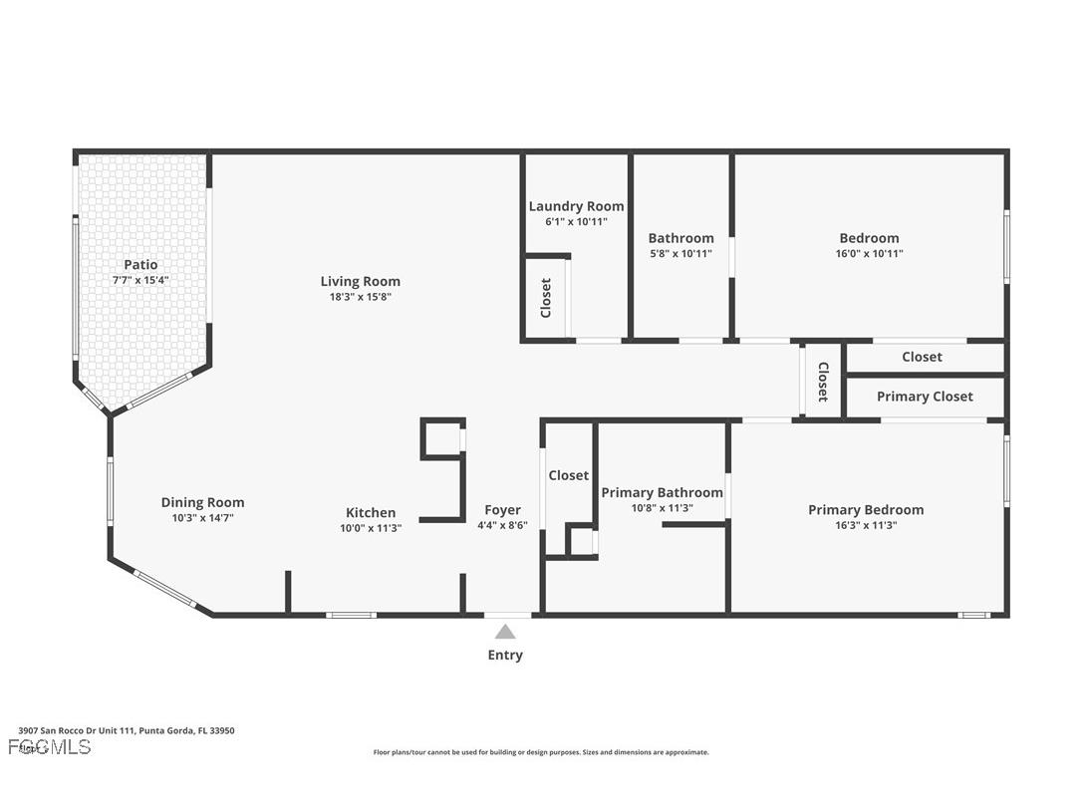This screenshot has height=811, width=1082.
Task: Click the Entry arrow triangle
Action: point(505,632)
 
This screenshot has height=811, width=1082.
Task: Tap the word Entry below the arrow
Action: point(505,656)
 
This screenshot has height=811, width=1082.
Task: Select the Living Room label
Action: point(360,282)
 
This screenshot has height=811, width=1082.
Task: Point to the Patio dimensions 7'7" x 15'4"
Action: point(140,281)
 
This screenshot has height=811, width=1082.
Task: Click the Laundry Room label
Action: point(576,206)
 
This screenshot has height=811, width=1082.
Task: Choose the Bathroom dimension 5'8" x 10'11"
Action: point(680,254)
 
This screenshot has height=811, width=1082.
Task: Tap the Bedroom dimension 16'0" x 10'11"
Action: point(869,254)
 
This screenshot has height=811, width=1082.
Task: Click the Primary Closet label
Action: point(925,397)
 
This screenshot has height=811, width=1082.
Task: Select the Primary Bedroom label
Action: point(865,510)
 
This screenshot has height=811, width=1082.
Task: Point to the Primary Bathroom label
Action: point(662,493)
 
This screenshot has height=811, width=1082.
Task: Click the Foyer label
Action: point(502,510)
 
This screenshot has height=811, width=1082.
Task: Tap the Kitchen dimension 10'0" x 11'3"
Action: point(370,529)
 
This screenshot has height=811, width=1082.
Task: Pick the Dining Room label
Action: point(202,503)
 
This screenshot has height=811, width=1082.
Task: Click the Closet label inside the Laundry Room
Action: point(546,298)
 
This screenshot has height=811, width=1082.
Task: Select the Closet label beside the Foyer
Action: point(568,476)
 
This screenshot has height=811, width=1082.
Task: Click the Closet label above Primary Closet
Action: point(922,357)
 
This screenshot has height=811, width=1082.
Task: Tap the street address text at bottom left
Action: point(127,730)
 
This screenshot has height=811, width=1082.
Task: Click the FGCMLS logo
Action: point(50,747)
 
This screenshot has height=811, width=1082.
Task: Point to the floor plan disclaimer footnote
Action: point(541,752)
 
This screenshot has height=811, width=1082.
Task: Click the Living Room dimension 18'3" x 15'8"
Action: point(360,297)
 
